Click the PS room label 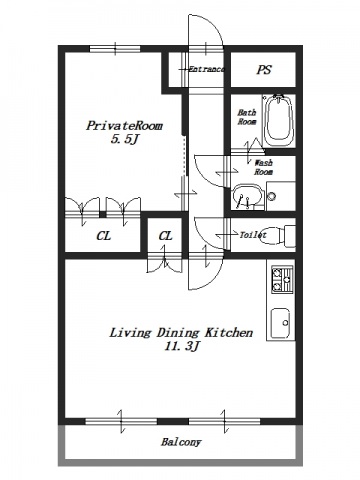[x=264, y=70]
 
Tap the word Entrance [x=206, y=69]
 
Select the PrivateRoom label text [x=125, y=126]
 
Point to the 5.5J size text [x=124, y=139]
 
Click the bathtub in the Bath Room [x=279, y=120]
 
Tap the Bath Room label [x=247, y=117]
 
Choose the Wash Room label [x=263, y=167]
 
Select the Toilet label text [x=253, y=235]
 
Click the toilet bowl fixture [x=277, y=236]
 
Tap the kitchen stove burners [x=282, y=279]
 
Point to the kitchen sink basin [x=280, y=323]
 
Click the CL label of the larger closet [x=104, y=236]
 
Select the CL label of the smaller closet [x=165, y=236]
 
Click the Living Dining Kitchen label [x=181, y=333]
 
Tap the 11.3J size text [x=182, y=347]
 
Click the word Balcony [x=181, y=442]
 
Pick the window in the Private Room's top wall [x=115, y=49]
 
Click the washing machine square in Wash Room [x=281, y=196]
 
